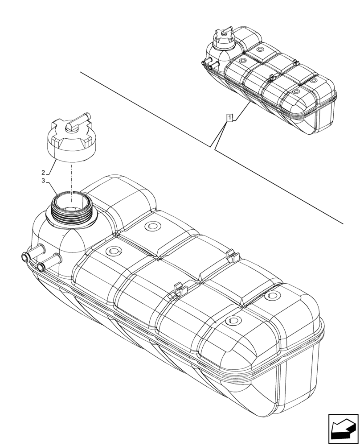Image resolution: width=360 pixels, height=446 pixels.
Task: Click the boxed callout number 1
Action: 229,118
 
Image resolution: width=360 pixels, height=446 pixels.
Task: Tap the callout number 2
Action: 43,172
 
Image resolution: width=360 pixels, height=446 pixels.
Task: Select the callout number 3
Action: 43,181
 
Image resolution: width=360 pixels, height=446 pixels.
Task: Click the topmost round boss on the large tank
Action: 152,226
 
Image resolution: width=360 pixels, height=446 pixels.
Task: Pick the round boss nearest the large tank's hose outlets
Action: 113,251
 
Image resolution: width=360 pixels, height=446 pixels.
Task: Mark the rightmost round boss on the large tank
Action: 272,296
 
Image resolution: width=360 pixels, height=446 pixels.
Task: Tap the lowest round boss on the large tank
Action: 233,320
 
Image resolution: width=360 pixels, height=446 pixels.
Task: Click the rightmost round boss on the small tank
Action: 314,80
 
